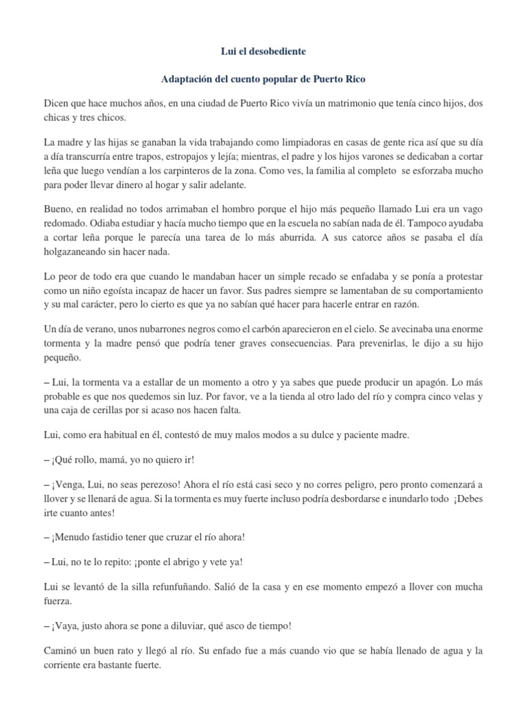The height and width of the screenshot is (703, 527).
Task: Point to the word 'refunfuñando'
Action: pos(163,587)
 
